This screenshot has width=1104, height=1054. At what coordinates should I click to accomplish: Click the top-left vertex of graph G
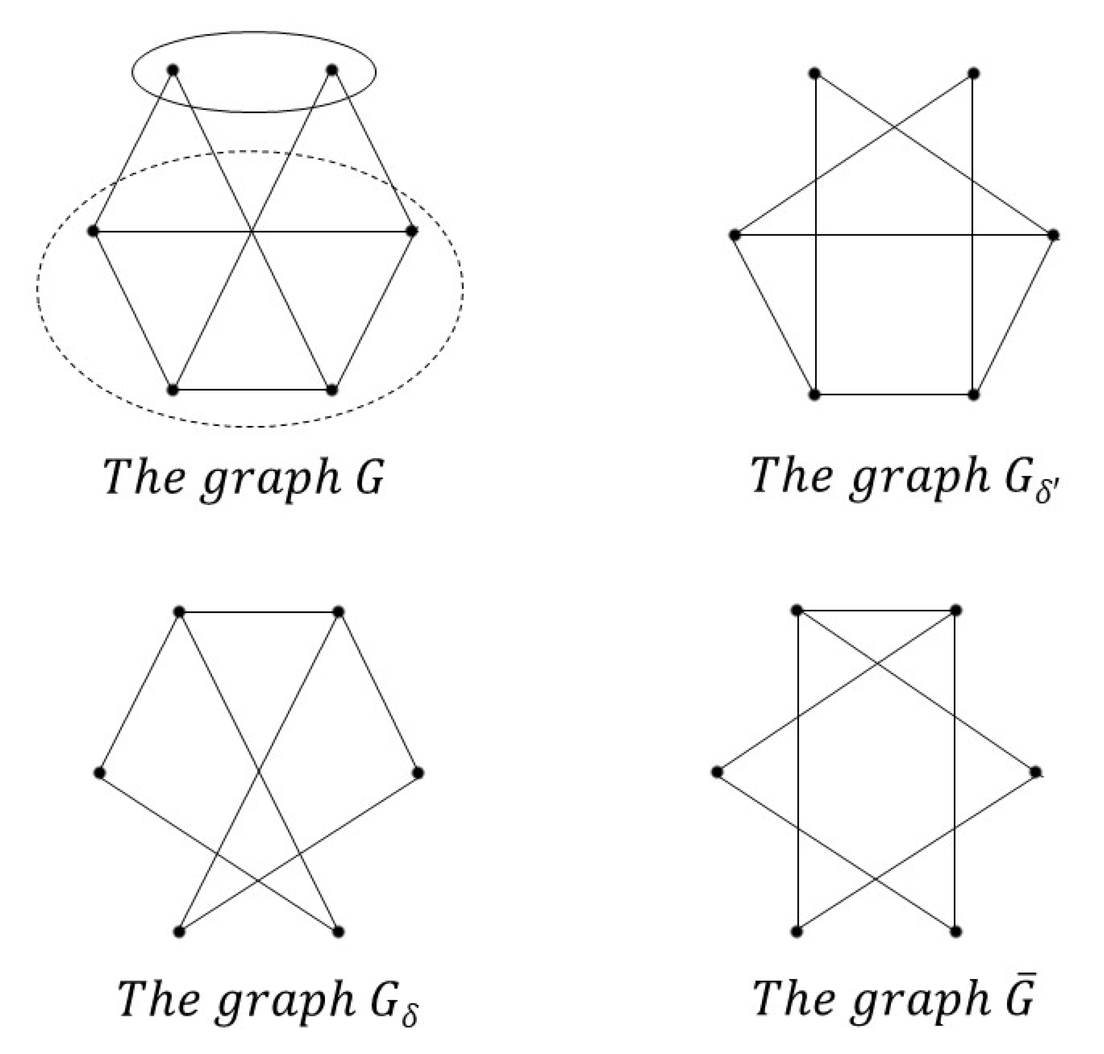pyautogui.click(x=172, y=70)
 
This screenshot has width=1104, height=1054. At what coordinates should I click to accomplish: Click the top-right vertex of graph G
pyautogui.click(x=332, y=70)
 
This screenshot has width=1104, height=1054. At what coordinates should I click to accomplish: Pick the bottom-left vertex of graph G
pyautogui.click(x=172, y=390)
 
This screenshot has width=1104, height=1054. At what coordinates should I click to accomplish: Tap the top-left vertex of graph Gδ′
pyautogui.click(x=814, y=73)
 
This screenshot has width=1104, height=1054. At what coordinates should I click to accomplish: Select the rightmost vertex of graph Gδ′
pyautogui.click(x=1053, y=235)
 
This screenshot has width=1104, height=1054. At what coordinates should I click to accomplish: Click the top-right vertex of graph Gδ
pyautogui.click(x=338, y=612)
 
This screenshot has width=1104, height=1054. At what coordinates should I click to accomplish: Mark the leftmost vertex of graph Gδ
pyautogui.click(x=100, y=772)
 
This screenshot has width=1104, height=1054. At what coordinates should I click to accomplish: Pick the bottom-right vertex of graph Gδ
pyautogui.click(x=338, y=932)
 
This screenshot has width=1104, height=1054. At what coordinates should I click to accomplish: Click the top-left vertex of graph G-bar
pyautogui.click(x=796, y=610)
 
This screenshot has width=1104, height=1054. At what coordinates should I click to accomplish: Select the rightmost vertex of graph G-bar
pyautogui.click(x=1035, y=772)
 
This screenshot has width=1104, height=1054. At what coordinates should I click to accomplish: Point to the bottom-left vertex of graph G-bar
pyautogui.click(x=796, y=932)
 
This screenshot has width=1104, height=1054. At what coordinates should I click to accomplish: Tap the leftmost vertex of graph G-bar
pyautogui.click(x=717, y=772)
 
